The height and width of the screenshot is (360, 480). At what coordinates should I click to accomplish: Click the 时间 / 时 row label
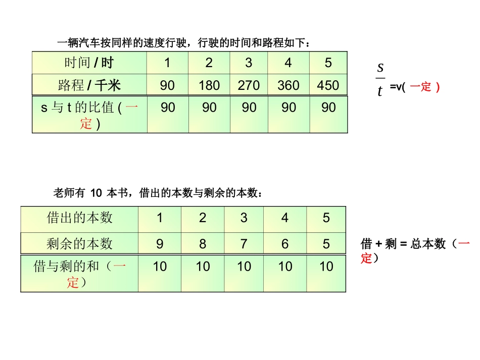[x=89, y=63]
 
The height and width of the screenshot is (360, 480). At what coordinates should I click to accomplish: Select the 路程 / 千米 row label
[x=89, y=85]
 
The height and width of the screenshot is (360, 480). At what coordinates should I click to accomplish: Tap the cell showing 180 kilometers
[x=209, y=85]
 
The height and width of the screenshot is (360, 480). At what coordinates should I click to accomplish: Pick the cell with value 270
[x=249, y=85]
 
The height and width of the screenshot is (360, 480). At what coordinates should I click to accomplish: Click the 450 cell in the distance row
[x=328, y=85]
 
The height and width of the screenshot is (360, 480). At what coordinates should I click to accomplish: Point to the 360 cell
[x=289, y=85]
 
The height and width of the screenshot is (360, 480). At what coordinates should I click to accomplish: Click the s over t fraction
[x=380, y=79]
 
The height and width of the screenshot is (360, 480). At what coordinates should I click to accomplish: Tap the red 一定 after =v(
[x=420, y=87]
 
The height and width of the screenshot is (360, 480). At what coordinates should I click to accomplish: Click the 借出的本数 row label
[x=79, y=218]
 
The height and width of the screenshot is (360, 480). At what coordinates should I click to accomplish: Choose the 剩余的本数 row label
[x=79, y=244]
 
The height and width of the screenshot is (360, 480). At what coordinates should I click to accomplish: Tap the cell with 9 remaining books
[x=160, y=244]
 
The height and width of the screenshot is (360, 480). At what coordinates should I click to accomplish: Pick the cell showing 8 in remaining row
[x=203, y=244]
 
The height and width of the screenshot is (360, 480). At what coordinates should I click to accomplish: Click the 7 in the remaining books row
[x=244, y=244]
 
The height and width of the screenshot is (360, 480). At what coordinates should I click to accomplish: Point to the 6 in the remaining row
[x=285, y=244]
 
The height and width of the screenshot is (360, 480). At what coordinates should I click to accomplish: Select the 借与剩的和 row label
[x=79, y=274]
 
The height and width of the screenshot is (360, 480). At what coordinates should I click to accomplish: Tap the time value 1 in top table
[x=167, y=63]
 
